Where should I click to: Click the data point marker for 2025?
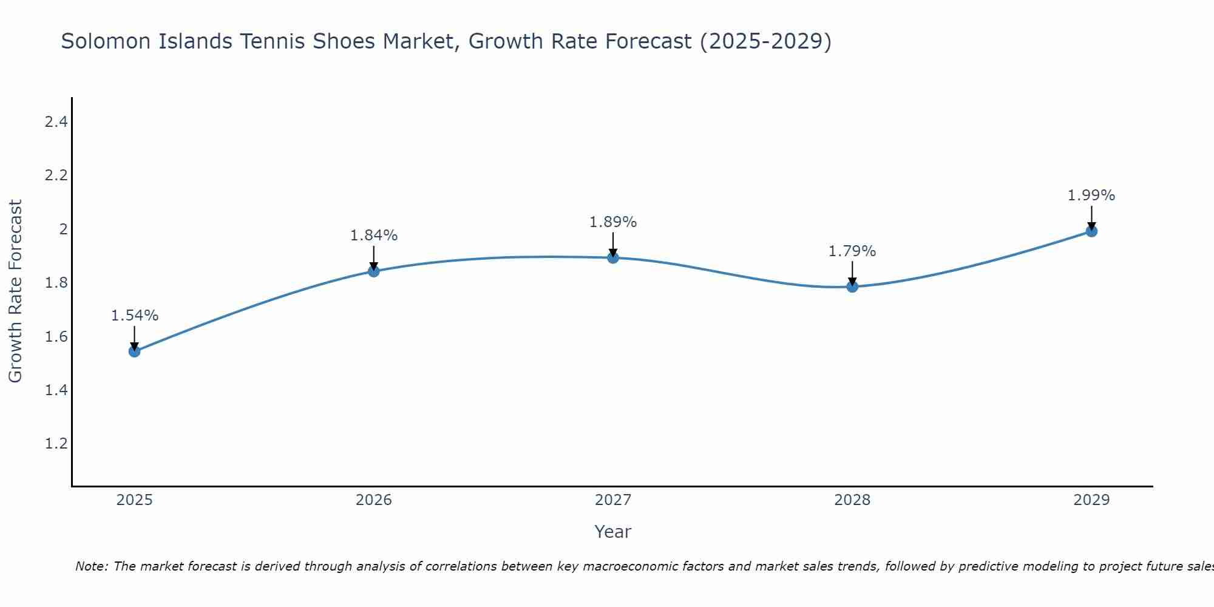coord(135,351)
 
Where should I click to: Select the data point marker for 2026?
coord(374,271)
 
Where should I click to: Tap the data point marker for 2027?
coord(613,257)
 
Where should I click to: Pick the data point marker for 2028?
coord(852,287)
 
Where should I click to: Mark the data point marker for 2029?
coord(1091,231)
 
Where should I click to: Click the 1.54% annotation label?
coord(135,316)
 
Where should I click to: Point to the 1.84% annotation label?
coord(374,236)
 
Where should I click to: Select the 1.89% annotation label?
coord(613,222)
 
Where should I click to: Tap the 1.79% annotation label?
coord(852,251)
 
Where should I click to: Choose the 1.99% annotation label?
coord(1091,195)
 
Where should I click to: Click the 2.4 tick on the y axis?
coord(56,122)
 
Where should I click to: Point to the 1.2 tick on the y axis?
coord(56,444)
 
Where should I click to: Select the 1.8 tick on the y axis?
coord(56,283)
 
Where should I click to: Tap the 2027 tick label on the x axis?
coord(613,500)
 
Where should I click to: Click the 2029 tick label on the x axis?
coord(1091,500)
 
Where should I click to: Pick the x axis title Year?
coord(613,532)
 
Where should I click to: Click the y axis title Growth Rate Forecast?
coord(15,291)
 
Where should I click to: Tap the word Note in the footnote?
coord(91,566)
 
